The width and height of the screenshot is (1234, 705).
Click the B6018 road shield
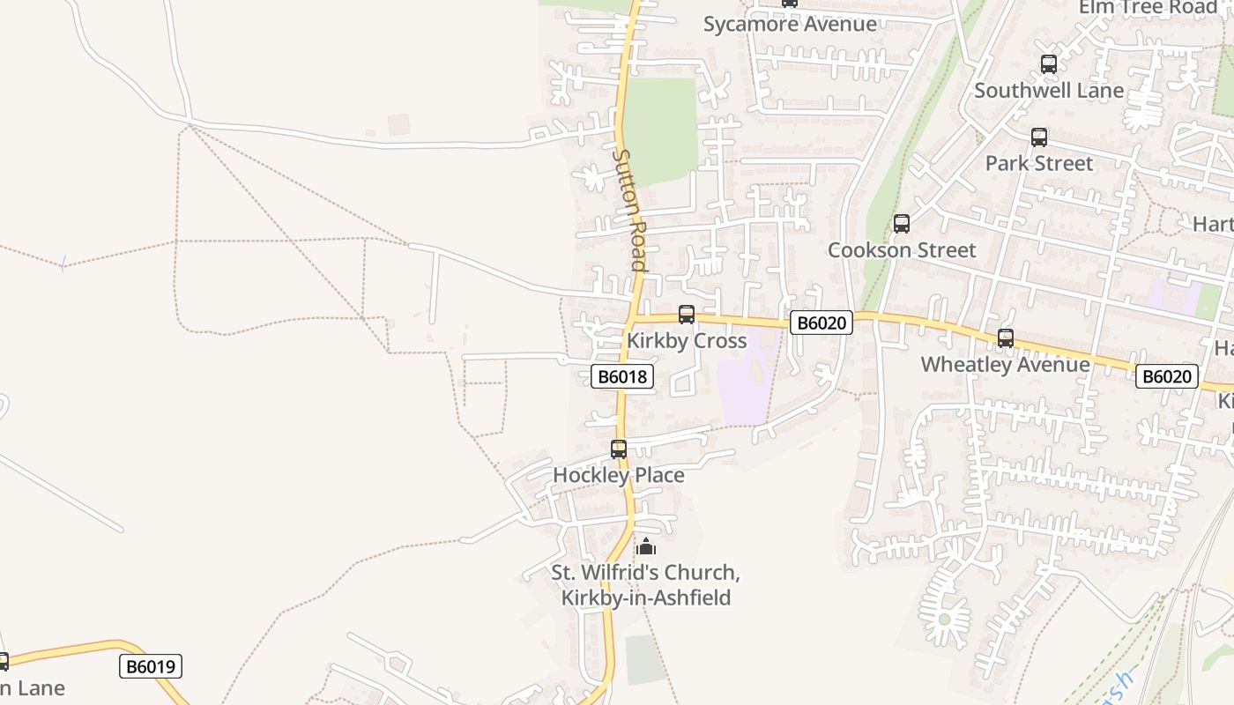point(622,377)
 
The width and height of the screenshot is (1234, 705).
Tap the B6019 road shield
point(151,666)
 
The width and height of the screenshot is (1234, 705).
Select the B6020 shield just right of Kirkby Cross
point(821,323)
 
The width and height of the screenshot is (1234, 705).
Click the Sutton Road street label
point(631,210)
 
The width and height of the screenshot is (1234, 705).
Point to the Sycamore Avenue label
point(790,24)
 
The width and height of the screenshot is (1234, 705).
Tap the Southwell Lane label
point(1049,90)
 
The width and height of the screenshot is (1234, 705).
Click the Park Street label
point(1038,163)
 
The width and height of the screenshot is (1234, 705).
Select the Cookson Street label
point(902,250)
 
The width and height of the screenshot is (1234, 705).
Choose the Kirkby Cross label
point(687,341)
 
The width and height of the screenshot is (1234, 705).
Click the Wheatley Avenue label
point(1005,364)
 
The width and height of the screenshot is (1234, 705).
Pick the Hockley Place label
point(618,475)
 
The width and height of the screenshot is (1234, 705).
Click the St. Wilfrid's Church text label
point(646,585)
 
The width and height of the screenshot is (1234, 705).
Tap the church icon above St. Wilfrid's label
point(646,546)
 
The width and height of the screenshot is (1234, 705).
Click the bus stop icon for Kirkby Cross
point(687,314)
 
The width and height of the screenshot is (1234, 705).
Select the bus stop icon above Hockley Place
point(619,449)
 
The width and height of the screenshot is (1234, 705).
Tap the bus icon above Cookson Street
point(901,224)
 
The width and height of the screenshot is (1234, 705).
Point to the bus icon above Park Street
point(1039,137)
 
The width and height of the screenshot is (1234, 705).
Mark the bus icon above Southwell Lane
point(1048,64)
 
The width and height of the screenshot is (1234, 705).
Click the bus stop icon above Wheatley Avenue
point(1005,338)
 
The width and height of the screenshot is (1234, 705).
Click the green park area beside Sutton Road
point(661,128)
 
